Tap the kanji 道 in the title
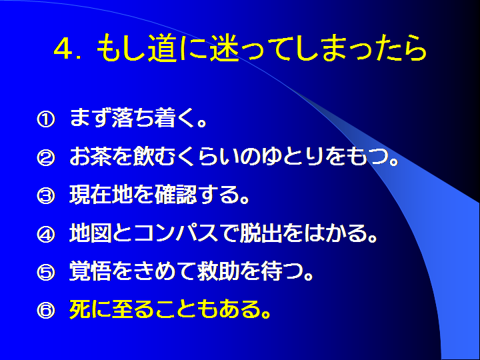162,49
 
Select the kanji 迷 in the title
224,49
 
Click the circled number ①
46,119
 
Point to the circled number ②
46,157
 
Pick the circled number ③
46,196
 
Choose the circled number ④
46,235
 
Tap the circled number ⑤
46,273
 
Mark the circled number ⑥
46,311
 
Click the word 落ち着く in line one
154,118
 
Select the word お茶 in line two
90,156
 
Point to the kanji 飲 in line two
143,156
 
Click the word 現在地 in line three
101,195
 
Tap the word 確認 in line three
175,195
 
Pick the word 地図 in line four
90,233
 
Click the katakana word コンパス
175,233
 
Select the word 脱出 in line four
261,233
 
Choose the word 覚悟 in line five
90,271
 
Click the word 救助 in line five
218,271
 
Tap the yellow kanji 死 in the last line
80,309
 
